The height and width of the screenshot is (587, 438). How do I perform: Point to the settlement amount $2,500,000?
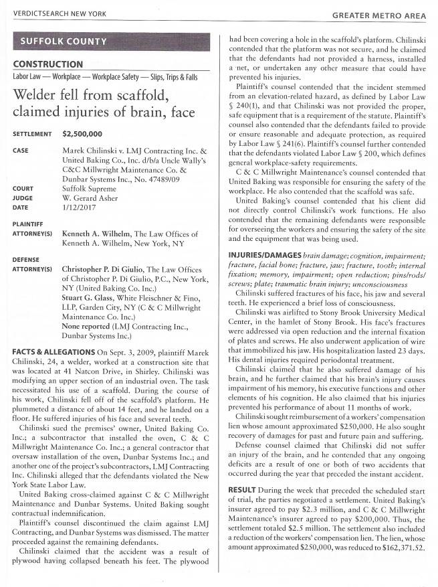(x=82, y=134)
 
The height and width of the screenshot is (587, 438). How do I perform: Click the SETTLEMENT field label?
(x=31, y=135)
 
